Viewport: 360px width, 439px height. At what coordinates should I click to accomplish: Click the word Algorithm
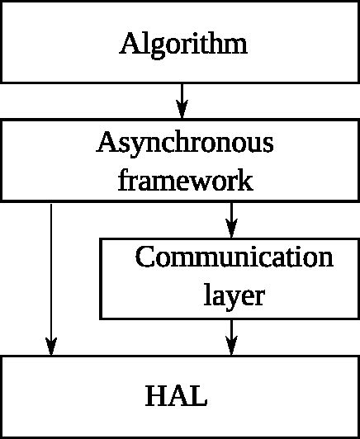click(x=183, y=44)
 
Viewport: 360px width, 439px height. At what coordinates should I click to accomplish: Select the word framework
click(x=185, y=179)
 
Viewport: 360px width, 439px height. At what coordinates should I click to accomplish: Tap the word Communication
click(x=234, y=257)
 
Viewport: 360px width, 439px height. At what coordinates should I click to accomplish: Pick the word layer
click(x=234, y=295)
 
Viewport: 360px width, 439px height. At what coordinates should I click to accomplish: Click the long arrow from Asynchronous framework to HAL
click(x=51, y=272)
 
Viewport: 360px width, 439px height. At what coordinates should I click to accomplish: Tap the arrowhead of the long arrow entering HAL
click(x=51, y=346)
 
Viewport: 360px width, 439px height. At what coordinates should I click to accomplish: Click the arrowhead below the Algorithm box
click(x=182, y=109)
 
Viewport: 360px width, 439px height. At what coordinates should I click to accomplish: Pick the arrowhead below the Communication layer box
click(x=231, y=346)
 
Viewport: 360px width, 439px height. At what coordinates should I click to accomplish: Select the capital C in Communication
click(x=145, y=257)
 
